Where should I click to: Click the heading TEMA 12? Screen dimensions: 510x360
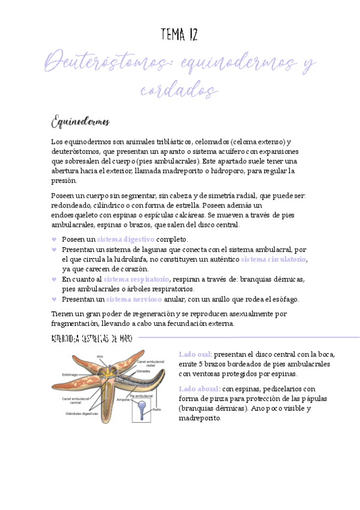point(180,35)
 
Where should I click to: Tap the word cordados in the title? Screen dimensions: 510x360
point(179,90)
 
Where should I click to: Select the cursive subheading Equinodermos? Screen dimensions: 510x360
point(80,122)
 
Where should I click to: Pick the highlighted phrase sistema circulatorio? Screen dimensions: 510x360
point(273,259)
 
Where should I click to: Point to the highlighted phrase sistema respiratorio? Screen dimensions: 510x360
point(136,279)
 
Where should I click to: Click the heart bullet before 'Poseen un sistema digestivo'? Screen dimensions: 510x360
point(55,239)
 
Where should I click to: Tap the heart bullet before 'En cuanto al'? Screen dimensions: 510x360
point(55,280)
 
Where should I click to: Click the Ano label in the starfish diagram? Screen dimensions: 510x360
point(100,357)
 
